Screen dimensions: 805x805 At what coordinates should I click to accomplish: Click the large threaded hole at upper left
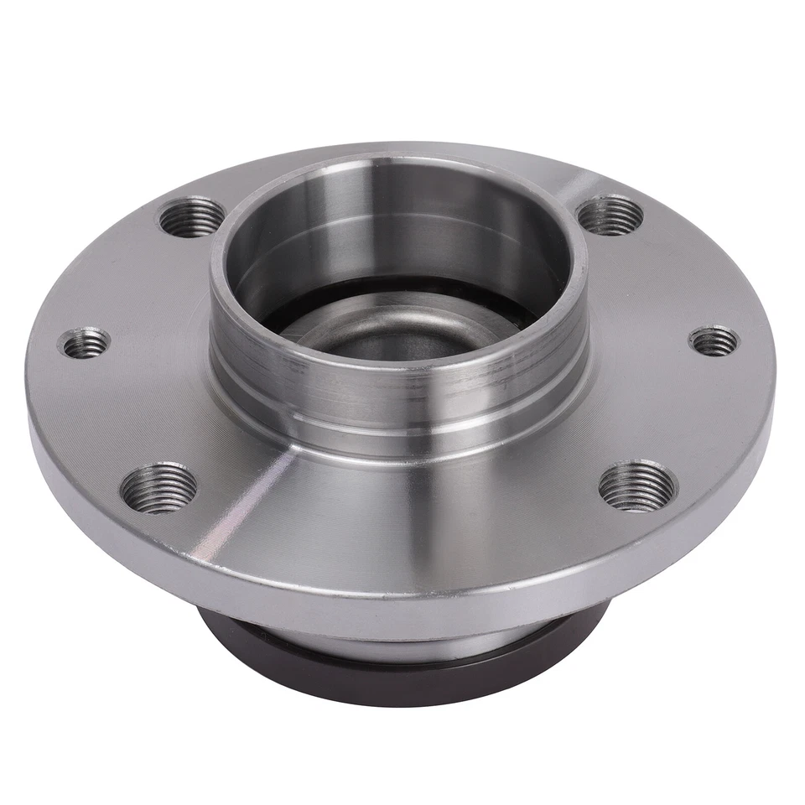192,217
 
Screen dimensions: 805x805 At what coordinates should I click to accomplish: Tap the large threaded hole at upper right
610,215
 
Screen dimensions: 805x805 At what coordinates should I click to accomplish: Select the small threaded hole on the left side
85,342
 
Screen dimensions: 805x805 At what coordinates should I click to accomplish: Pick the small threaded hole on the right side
714,340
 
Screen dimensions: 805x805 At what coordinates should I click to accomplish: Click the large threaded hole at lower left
158,486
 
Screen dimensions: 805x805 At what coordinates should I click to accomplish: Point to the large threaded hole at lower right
637,485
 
